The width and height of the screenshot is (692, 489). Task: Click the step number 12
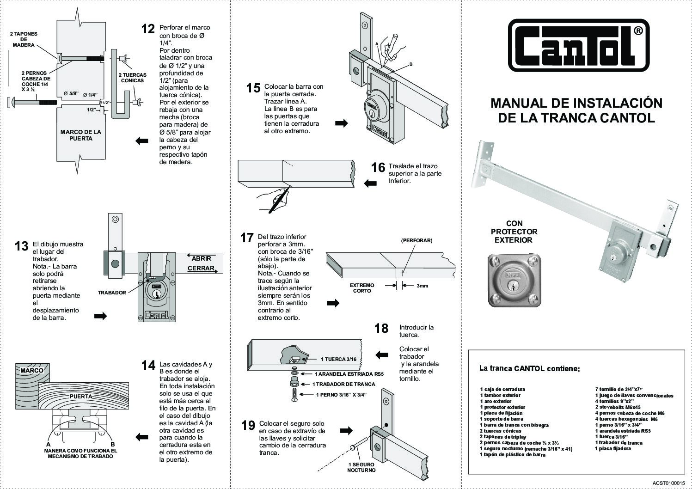(x=148, y=29)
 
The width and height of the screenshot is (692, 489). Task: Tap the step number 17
(x=247, y=238)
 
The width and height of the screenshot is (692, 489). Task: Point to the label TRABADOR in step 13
(x=112, y=293)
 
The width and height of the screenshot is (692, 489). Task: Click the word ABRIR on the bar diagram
(x=201, y=258)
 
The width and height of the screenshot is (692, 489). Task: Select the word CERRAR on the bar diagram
(x=201, y=268)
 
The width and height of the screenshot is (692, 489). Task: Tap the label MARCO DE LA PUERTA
(x=80, y=135)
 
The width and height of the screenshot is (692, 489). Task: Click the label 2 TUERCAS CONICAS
(x=132, y=78)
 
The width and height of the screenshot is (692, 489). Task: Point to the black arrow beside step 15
(x=342, y=123)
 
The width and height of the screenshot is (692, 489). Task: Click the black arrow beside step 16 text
(x=370, y=183)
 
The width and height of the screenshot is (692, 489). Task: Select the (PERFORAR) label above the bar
(x=416, y=240)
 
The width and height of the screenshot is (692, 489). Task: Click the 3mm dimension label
(x=422, y=286)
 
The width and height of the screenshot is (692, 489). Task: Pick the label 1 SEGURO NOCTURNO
(x=361, y=467)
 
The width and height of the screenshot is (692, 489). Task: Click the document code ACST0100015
(x=668, y=483)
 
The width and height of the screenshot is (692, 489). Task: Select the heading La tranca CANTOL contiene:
(x=529, y=368)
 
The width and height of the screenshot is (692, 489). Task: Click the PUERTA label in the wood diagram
(x=80, y=396)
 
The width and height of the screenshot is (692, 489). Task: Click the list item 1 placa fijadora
(x=613, y=448)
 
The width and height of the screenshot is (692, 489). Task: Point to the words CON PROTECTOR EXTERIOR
(x=514, y=232)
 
